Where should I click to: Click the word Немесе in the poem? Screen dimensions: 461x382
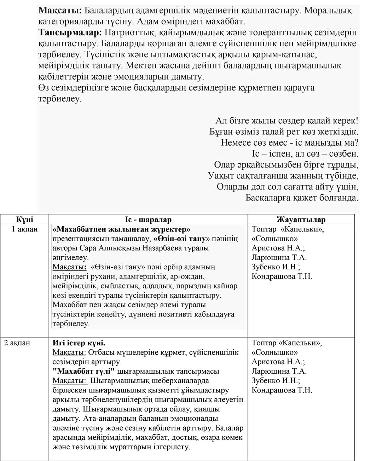[x=236, y=143]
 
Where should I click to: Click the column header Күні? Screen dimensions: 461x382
[x=24, y=219]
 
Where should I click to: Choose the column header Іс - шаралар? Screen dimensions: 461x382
[x=148, y=219]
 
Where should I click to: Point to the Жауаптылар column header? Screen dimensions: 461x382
[x=301, y=219]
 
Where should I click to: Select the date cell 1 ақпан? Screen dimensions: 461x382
[x=24, y=229]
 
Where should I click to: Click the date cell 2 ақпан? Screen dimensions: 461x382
[x=17, y=343]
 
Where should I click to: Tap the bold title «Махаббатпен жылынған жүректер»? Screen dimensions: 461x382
[x=121, y=229]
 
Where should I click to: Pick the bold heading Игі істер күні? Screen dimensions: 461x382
[x=79, y=343]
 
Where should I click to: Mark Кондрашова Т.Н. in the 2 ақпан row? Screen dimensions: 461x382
[x=282, y=390]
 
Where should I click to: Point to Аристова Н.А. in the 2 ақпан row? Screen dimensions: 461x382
[x=278, y=362]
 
